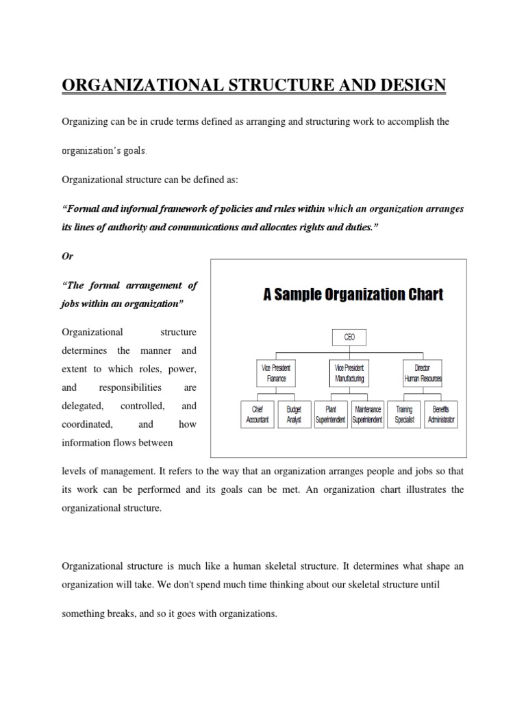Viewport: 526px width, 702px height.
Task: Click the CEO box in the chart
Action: pos(349,337)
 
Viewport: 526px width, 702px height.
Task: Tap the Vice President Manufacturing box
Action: pos(349,373)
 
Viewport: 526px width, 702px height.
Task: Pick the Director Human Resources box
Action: pos(423,373)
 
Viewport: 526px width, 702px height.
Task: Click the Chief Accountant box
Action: pos(257,415)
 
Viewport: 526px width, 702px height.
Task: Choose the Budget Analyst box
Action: pos(294,415)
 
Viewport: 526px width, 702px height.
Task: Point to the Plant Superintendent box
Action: pos(331,415)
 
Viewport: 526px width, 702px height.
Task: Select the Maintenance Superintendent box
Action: pos(368,415)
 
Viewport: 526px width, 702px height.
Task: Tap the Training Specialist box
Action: pos(404,415)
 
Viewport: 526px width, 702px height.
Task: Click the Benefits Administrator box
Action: pos(441,415)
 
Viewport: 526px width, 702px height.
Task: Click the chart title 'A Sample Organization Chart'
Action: pos(353,295)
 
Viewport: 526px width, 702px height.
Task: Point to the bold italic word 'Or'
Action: pos(67,256)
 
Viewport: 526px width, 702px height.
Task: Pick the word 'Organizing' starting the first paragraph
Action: pos(84,121)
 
